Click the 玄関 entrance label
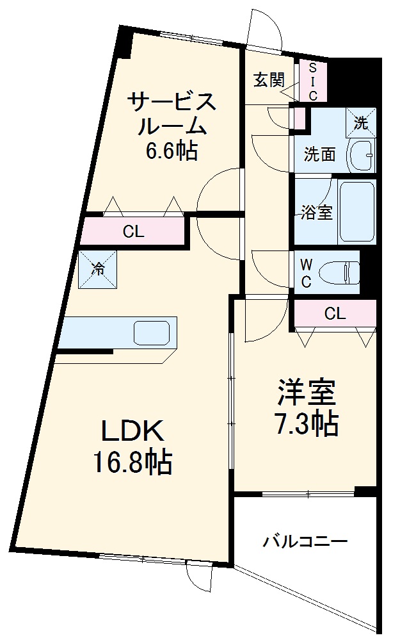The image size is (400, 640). [x=268, y=79]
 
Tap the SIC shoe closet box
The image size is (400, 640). [x=313, y=82]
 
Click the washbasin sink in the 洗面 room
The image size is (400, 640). [x=362, y=154]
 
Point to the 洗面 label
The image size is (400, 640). [x=319, y=154]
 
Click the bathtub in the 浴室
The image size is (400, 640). [x=356, y=211]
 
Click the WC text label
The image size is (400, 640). [x=306, y=273]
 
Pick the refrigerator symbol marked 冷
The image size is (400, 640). [x=98, y=269]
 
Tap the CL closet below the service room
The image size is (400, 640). [x=133, y=232]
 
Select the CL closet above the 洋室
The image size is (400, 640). [x=335, y=314]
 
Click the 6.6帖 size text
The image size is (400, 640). [x=171, y=152]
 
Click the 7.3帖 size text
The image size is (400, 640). [x=307, y=423]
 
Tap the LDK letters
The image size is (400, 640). [x=133, y=431]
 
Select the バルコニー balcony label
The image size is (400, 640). [x=305, y=542]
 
